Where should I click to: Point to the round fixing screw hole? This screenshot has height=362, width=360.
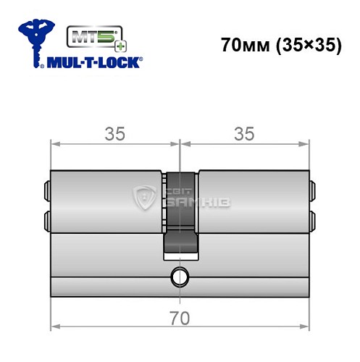(x=179, y=275)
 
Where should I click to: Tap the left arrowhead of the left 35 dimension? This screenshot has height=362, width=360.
(x=54, y=144)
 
